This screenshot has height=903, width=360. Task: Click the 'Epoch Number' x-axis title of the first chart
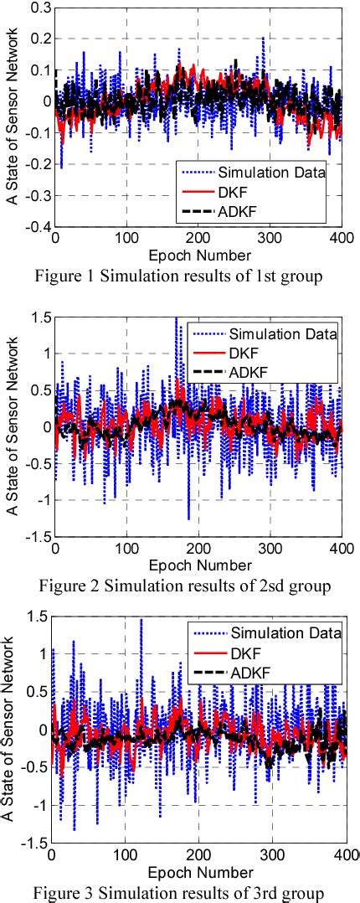tap(198, 255)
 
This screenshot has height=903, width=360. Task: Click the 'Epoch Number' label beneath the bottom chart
tap(198, 869)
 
